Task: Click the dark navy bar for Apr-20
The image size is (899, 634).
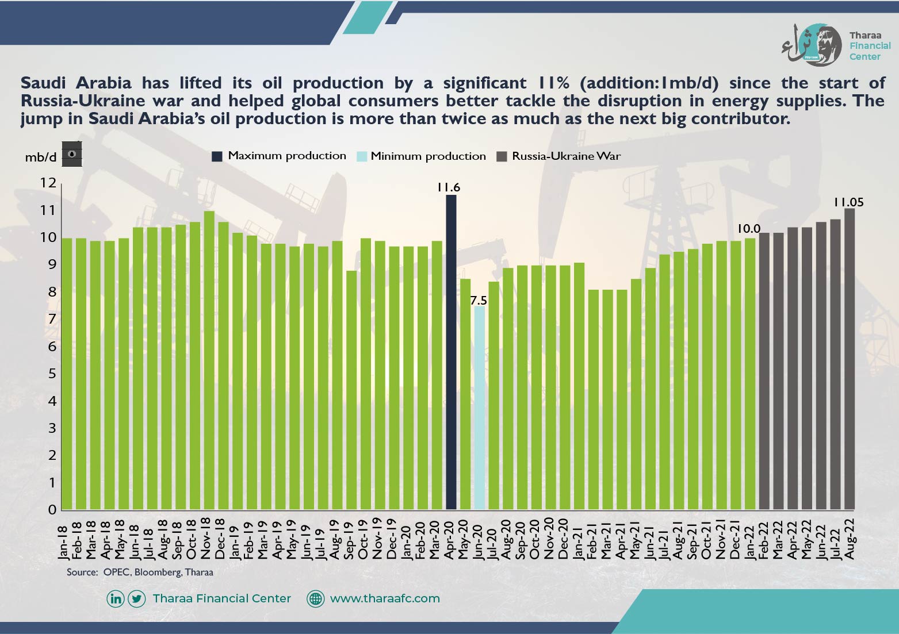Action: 451,352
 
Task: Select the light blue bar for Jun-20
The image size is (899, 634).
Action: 480,408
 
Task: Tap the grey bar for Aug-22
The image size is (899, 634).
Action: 849,359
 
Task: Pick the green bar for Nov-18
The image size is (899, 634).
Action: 209,360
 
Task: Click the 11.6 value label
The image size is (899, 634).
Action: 449,187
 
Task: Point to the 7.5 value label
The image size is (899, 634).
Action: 479,301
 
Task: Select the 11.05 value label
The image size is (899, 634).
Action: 848,202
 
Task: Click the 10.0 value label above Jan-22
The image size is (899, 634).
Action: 749,229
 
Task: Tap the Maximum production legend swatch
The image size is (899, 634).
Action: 217,156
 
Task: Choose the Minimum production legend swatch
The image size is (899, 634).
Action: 362,156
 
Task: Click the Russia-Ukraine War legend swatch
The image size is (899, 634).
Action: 502,156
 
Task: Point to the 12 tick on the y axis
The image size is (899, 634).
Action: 48,183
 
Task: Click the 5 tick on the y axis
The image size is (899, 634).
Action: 52,374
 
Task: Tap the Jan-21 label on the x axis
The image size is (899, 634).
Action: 578,540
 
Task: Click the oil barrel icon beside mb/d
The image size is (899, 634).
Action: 72,153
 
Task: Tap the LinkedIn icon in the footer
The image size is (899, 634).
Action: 115,599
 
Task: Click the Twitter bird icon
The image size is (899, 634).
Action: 136,599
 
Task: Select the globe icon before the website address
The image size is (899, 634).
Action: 315,599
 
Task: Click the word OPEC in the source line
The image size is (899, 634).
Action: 116,572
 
